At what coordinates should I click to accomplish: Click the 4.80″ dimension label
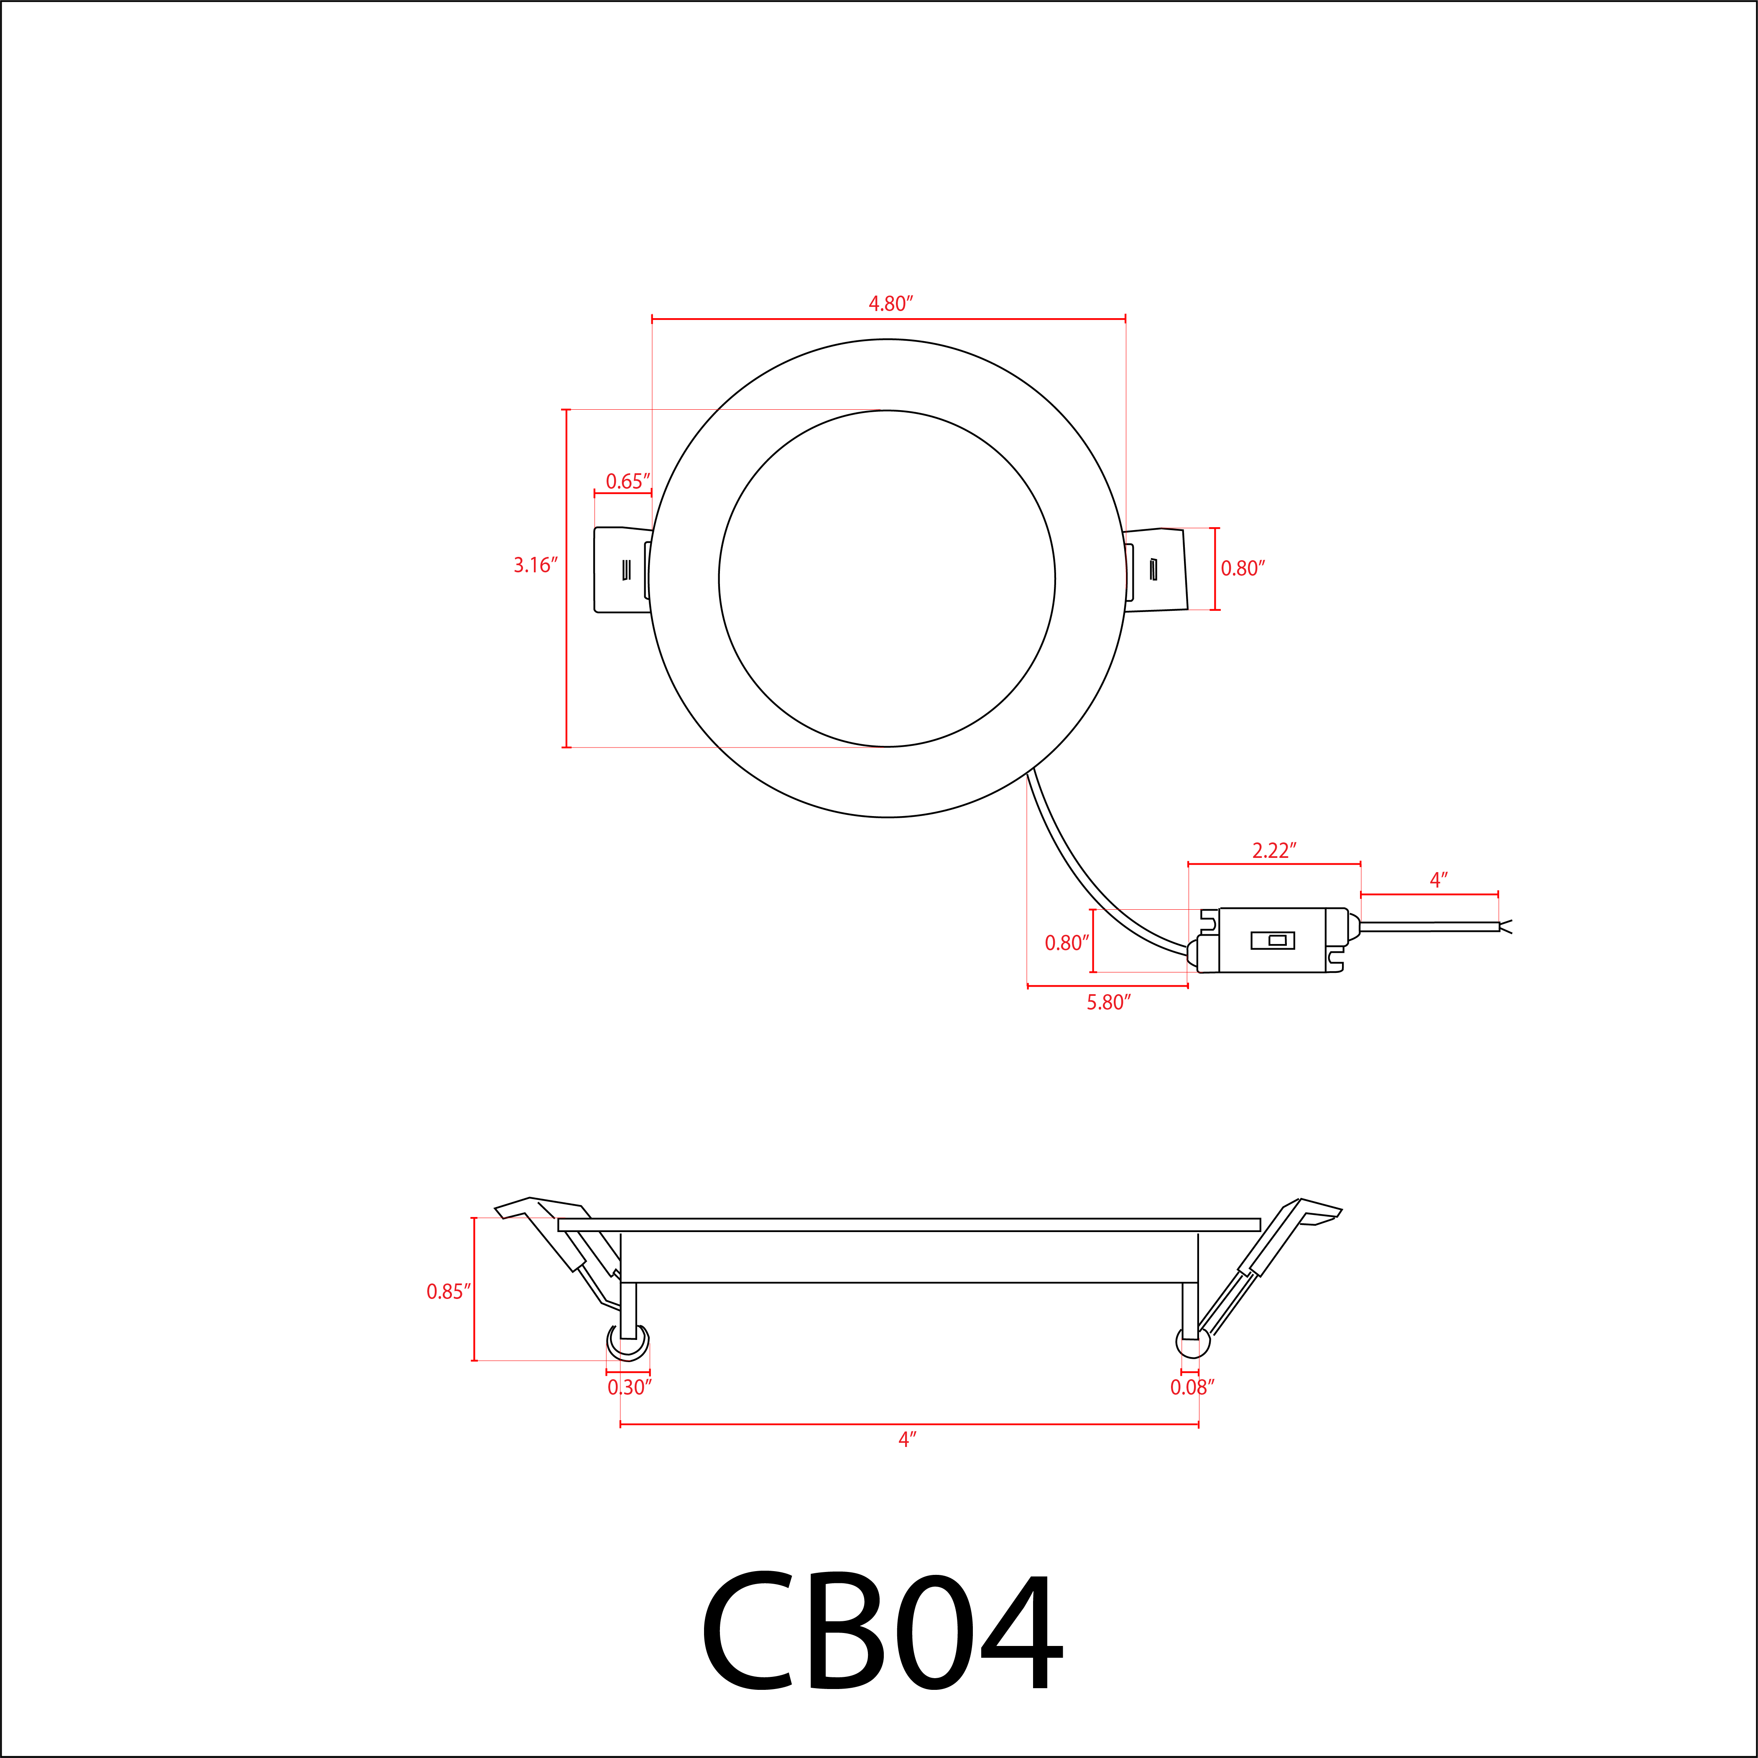(890, 304)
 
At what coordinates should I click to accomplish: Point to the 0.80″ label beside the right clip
(1242, 569)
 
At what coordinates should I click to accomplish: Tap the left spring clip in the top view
(622, 569)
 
